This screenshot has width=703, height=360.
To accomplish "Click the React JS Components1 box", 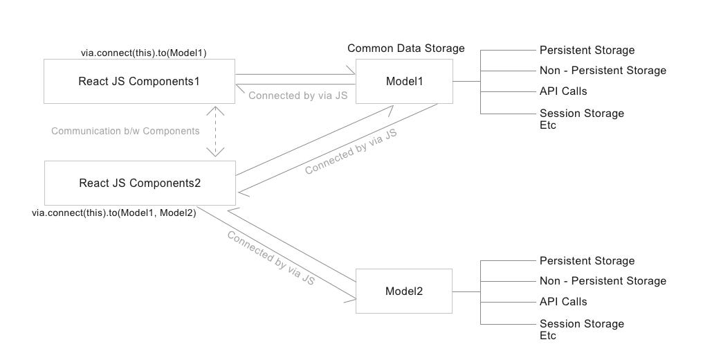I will point(139,81).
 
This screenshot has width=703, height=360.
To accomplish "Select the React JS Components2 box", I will point(139,183).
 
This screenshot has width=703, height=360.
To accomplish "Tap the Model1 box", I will point(404,81).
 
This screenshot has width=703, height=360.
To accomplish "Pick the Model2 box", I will point(404,291).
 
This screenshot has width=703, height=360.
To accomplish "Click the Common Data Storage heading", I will point(405,48).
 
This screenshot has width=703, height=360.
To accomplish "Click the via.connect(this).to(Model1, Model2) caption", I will point(114,213).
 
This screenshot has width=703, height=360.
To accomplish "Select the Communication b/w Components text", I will point(125,131).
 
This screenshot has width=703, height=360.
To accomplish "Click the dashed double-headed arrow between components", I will point(217,131).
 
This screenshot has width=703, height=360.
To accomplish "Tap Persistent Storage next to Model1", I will point(587,50).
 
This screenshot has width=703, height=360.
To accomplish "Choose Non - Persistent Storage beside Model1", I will point(602,70).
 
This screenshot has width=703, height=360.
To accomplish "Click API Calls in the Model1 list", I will point(563,91).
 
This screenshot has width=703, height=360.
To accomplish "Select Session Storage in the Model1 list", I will point(581,113).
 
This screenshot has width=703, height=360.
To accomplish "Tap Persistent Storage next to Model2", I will point(587,261).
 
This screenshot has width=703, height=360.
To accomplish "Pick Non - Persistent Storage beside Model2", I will point(602,281).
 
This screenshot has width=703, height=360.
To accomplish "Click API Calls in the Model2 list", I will point(563,302).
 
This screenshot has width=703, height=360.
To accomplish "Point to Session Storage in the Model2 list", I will point(581,324).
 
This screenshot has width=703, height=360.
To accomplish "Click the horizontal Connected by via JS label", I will point(298,96).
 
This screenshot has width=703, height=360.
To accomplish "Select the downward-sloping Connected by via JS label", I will point(271,258).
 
